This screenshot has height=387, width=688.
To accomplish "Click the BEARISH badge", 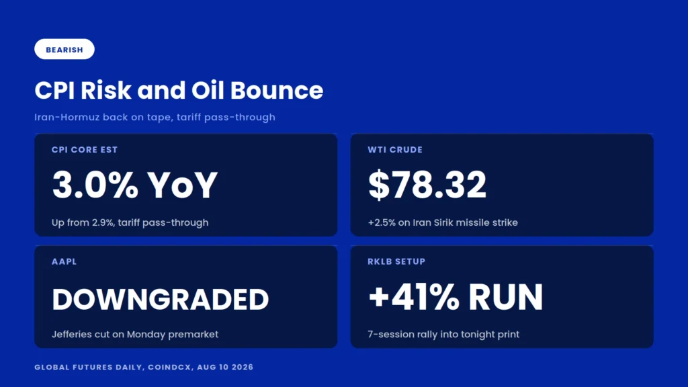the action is (64, 49).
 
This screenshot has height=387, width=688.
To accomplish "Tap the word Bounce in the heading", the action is (276, 91).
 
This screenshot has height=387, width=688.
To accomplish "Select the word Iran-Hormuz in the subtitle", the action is (67, 117).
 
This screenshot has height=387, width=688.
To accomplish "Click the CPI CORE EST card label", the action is (85, 150).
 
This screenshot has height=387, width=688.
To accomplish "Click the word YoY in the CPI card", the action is (182, 185).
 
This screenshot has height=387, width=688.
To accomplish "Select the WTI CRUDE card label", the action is (395, 150).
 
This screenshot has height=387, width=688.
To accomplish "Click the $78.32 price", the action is (427, 185).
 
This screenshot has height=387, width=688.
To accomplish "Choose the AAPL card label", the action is (64, 261).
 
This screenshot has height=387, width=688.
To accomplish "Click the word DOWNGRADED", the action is (160, 299).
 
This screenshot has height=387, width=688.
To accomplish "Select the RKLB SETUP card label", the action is (396, 261).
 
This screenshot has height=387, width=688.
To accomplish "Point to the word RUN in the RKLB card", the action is (505, 297).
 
